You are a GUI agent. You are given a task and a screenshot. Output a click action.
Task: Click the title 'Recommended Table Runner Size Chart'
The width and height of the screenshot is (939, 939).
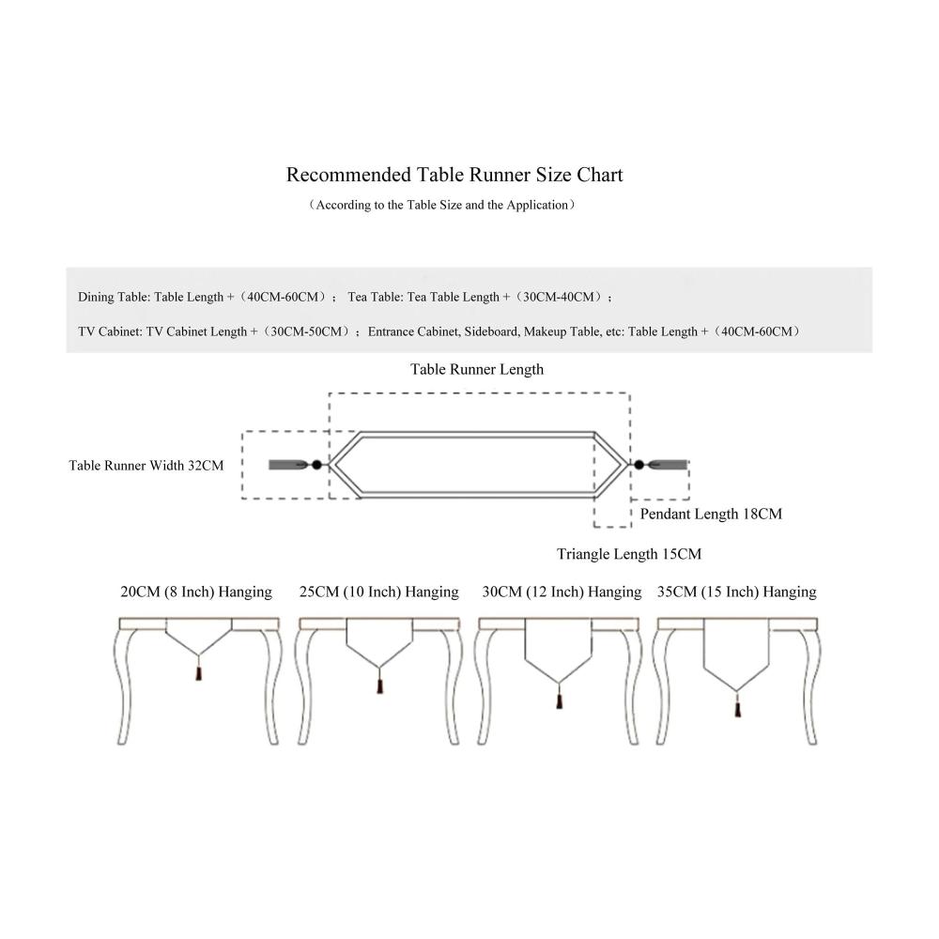454,175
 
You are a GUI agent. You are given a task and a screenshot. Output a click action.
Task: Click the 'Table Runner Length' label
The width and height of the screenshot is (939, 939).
477,369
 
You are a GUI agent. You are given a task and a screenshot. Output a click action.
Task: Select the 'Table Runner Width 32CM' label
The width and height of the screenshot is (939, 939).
146,465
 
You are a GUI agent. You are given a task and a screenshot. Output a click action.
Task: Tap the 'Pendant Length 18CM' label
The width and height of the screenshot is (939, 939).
711,514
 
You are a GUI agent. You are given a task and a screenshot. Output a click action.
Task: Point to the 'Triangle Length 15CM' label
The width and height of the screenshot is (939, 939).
629,554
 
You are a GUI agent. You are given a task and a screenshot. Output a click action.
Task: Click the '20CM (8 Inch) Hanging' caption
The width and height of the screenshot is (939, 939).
196,592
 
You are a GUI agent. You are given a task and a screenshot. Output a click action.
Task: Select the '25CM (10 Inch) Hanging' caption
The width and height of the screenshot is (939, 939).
379,592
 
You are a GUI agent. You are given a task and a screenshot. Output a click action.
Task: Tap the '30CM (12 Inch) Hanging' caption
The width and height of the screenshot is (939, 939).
562,592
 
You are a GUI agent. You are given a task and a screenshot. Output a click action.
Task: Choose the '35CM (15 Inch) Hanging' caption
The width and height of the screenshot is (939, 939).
737,592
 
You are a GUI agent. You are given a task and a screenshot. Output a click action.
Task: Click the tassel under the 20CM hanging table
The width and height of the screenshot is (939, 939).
198,673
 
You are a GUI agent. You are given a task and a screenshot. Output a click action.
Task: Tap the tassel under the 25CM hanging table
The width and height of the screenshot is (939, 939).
379,686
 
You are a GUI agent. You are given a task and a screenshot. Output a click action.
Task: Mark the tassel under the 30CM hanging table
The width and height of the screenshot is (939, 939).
560,700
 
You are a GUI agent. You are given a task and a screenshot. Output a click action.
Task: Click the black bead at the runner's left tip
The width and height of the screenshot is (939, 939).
317,465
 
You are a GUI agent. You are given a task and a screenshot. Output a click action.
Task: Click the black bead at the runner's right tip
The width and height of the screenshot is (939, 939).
639,465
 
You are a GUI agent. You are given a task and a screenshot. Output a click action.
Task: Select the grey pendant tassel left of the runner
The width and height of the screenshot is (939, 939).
286,465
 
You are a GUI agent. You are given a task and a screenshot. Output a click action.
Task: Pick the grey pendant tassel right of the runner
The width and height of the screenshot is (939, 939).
669,465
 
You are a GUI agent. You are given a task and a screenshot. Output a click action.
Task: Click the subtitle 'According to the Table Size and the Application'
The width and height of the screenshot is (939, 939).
441,205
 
